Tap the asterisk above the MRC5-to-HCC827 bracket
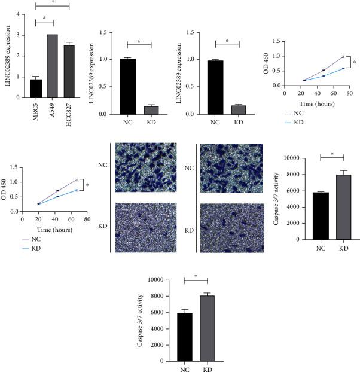52,2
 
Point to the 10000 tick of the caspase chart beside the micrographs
292,158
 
